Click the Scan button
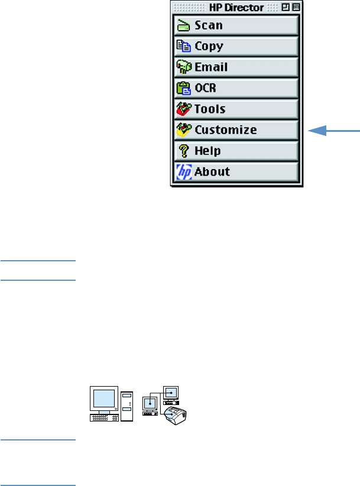pos(235,25)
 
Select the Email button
pos(235,67)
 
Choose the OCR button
pos(235,88)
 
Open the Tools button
pos(235,109)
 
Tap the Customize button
pos(235,129)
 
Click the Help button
pos(235,151)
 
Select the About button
pos(235,172)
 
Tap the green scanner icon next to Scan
pos(183,25)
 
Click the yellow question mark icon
pos(183,151)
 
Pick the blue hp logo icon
pos(183,172)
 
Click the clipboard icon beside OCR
pos(183,88)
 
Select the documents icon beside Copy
pos(183,46)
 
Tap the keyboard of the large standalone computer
pos(104,419)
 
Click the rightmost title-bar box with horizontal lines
pos(295,7)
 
